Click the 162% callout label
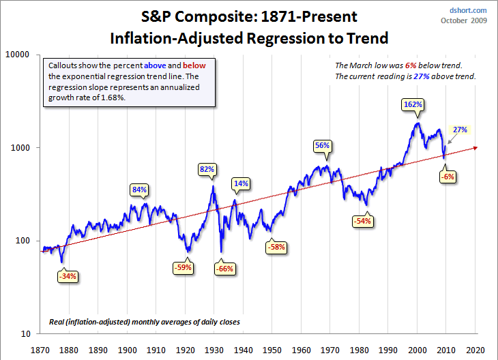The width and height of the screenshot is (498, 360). point(413,105)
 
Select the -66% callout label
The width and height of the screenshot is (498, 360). point(224,269)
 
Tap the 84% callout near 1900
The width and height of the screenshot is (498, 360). point(140,190)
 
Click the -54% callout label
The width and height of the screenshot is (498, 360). point(362,222)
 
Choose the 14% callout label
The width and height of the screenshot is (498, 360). point(241,183)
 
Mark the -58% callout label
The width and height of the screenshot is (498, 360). point(276,246)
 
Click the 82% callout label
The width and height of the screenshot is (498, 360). point(207,168)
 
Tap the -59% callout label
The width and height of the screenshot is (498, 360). point(183,268)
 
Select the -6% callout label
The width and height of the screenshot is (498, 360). point(447,177)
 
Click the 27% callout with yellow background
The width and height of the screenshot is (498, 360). point(460,130)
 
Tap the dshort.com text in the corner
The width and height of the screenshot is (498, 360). point(469,10)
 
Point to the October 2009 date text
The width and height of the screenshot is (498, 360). point(465,21)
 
